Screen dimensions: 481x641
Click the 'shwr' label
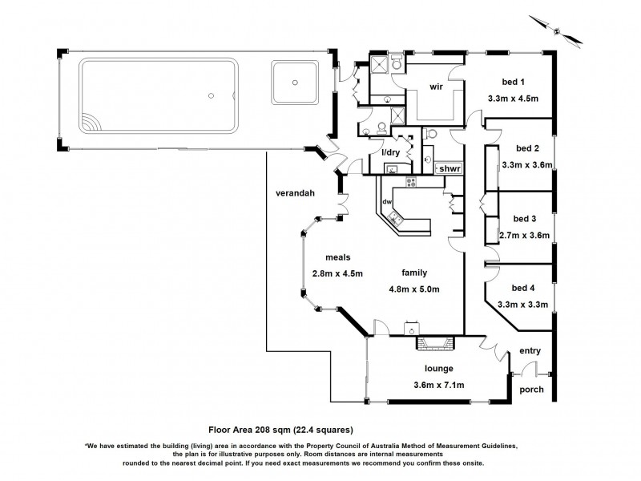[451, 168]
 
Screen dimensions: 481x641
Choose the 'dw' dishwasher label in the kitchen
[386, 201]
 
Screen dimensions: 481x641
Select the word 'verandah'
[292, 193]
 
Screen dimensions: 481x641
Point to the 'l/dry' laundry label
[390, 152]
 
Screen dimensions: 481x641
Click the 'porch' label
[531, 390]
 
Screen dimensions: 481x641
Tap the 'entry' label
[530, 351]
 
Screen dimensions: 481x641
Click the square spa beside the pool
[296, 81]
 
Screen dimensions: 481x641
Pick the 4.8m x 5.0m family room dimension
[414, 289]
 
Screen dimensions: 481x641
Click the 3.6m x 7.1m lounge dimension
[439, 386]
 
